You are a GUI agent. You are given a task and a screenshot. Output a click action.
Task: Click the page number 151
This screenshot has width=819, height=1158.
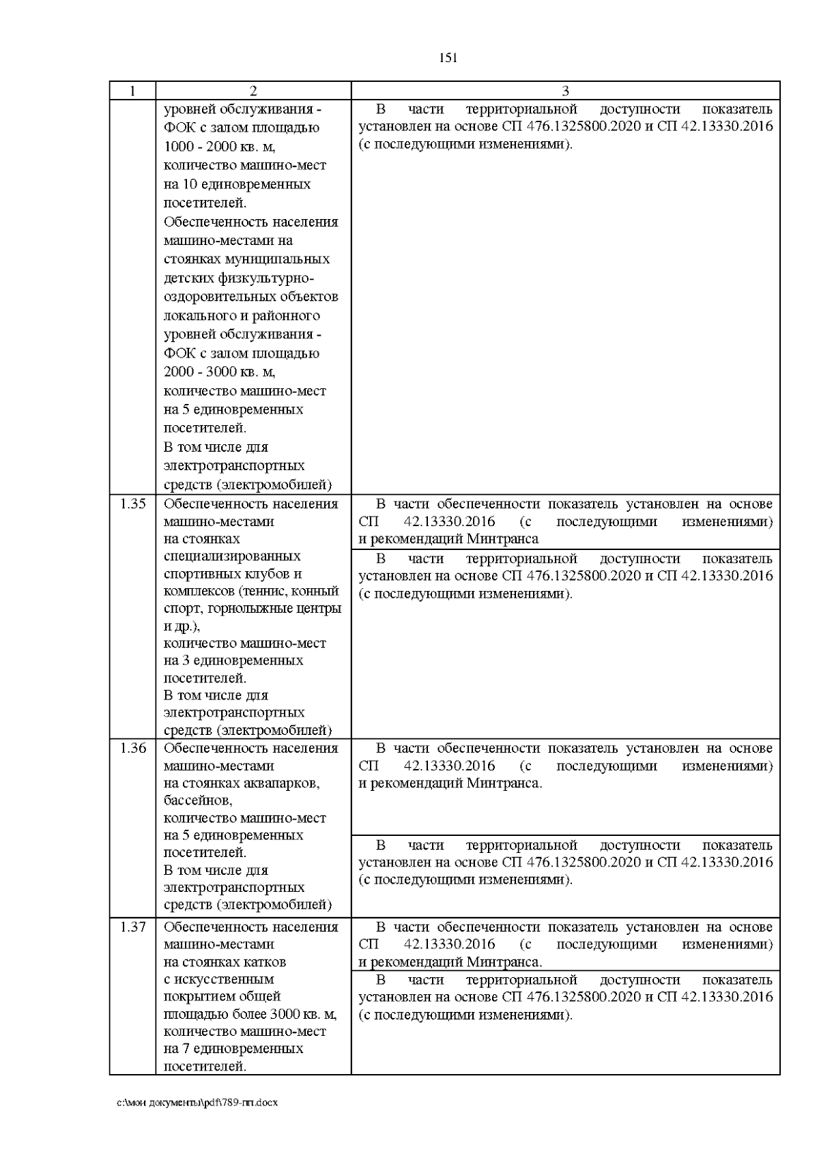(x=448, y=58)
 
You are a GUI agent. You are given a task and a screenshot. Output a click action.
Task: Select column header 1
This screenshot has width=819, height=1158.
(x=132, y=91)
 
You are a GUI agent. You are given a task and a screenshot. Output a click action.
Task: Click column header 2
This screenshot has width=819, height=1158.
(x=253, y=91)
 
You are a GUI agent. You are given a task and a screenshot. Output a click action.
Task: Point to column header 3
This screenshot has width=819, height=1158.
(x=565, y=91)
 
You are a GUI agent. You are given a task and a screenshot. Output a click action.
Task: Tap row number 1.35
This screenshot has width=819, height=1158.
(x=132, y=504)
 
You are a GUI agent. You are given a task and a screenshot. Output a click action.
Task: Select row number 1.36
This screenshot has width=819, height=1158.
(x=132, y=748)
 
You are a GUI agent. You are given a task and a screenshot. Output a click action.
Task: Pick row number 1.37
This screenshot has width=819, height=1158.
(x=132, y=927)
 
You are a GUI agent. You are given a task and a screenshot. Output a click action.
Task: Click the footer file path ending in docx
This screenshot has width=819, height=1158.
(x=197, y=1103)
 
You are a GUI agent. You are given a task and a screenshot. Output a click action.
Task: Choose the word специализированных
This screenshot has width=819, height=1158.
(x=232, y=556)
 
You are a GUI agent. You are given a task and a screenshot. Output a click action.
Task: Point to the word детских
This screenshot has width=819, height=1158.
(x=188, y=278)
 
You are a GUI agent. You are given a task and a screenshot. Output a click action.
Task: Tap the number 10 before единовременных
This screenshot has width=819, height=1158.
(x=190, y=184)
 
